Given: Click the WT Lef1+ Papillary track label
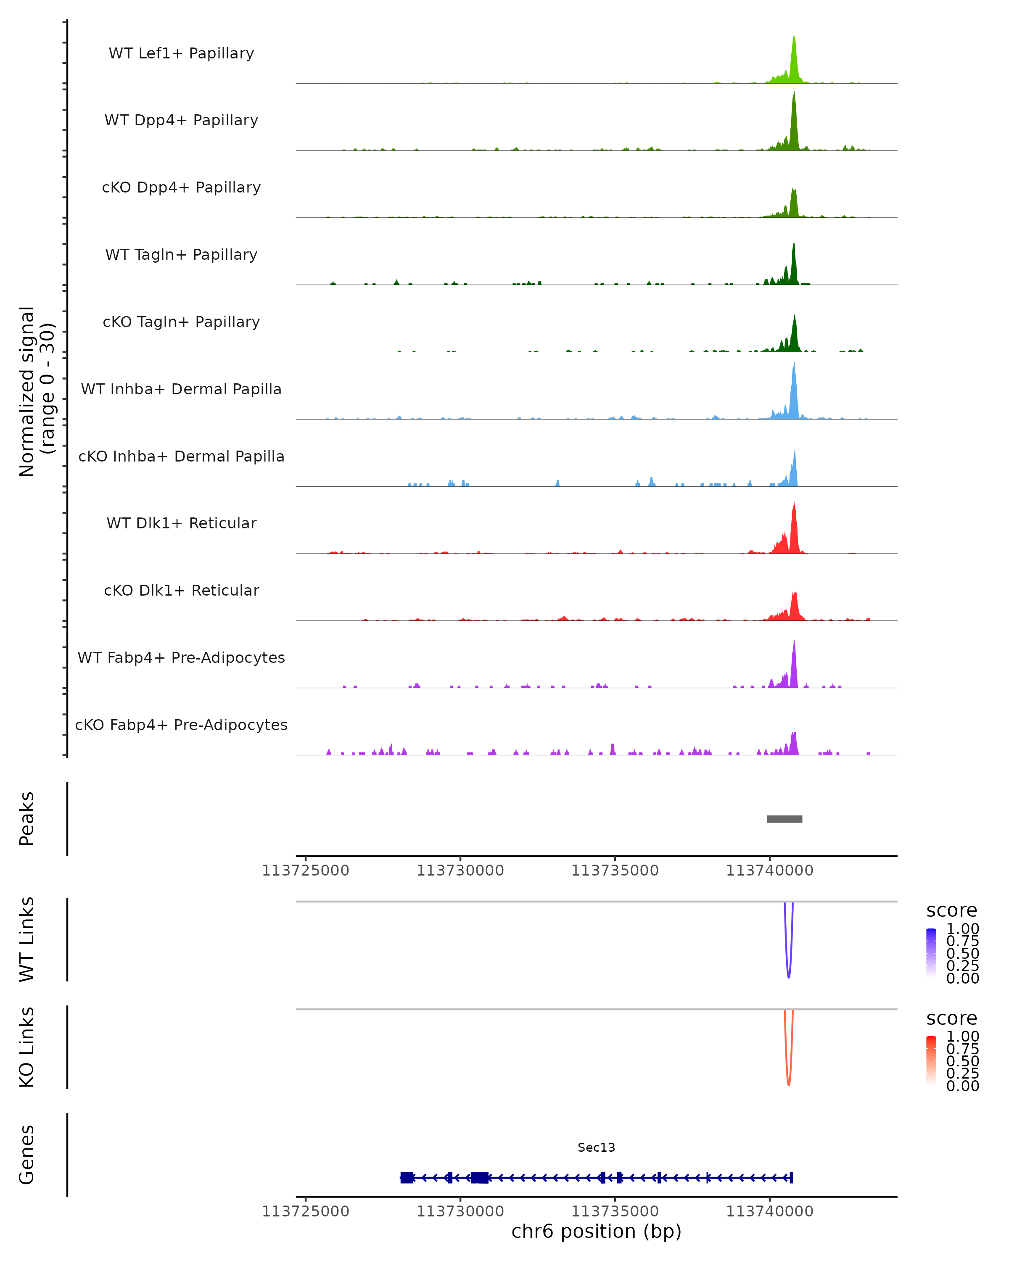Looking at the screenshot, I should coord(181,53).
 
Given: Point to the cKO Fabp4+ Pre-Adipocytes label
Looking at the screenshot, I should coord(181,725).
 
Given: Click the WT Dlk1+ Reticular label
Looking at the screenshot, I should coord(181,523).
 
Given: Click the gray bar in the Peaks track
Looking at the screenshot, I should coord(784,819).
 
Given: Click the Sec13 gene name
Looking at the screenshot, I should coord(596,1148).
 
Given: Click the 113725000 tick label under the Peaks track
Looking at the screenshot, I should coord(305,871).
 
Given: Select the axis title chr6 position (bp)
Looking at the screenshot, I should coord(596,1231).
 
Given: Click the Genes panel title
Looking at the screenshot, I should coord(27,1155).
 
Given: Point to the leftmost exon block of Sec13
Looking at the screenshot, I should coord(407,1178).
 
